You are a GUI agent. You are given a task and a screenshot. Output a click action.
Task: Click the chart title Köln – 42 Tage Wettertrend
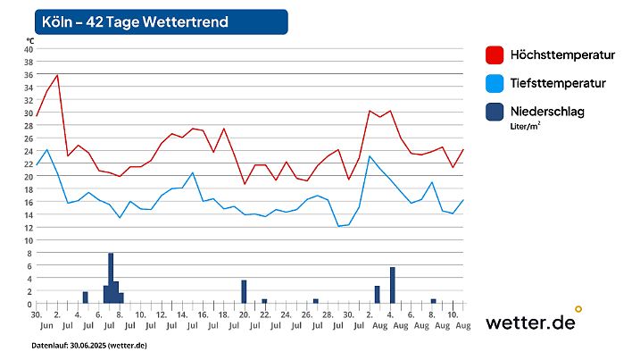(135, 21)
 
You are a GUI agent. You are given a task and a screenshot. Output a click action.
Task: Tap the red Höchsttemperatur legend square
(495, 55)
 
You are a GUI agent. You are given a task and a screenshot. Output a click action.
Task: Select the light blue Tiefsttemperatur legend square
(495, 83)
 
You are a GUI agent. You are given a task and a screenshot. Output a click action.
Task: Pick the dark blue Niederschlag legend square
(495, 112)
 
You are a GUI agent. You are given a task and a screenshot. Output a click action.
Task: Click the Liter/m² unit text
(525, 127)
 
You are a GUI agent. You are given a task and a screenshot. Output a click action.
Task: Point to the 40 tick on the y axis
(29, 50)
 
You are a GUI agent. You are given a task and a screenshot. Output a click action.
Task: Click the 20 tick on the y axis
(29, 177)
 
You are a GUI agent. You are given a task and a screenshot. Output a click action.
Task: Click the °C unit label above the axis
(29, 40)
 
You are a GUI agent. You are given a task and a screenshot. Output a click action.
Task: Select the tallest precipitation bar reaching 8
(111, 278)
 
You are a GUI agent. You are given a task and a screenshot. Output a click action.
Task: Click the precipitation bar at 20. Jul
(244, 292)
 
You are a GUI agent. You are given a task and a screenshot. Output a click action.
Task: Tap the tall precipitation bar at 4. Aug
(392, 285)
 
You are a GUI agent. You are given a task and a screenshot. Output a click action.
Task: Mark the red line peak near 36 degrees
(58, 76)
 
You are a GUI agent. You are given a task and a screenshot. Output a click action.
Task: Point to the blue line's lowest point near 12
(339, 226)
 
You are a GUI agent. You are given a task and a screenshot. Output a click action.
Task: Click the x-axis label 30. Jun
(37, 321)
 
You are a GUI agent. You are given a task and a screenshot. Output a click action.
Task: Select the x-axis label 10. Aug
(453, 321)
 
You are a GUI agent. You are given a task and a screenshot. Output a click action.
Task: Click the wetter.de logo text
(529, 323)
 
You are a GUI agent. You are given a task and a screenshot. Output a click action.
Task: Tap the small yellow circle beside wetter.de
(578, 309)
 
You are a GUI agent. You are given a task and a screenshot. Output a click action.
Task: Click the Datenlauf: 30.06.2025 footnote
(89, 345)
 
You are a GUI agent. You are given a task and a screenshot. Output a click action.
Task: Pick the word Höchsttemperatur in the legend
(562, 55)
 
